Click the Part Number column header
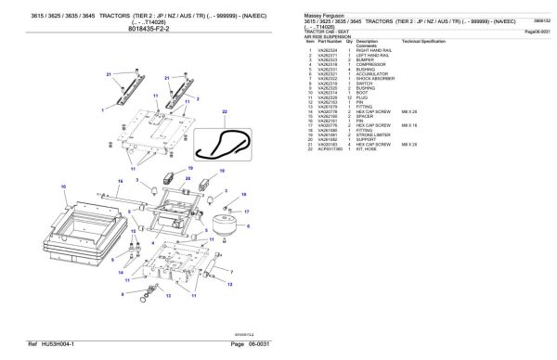330,42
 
